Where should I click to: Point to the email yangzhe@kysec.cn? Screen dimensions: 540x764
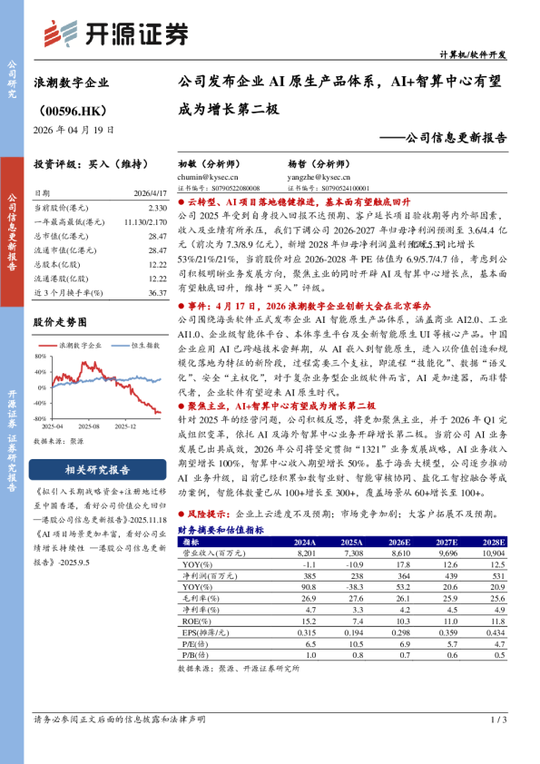(x=315, y=179)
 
